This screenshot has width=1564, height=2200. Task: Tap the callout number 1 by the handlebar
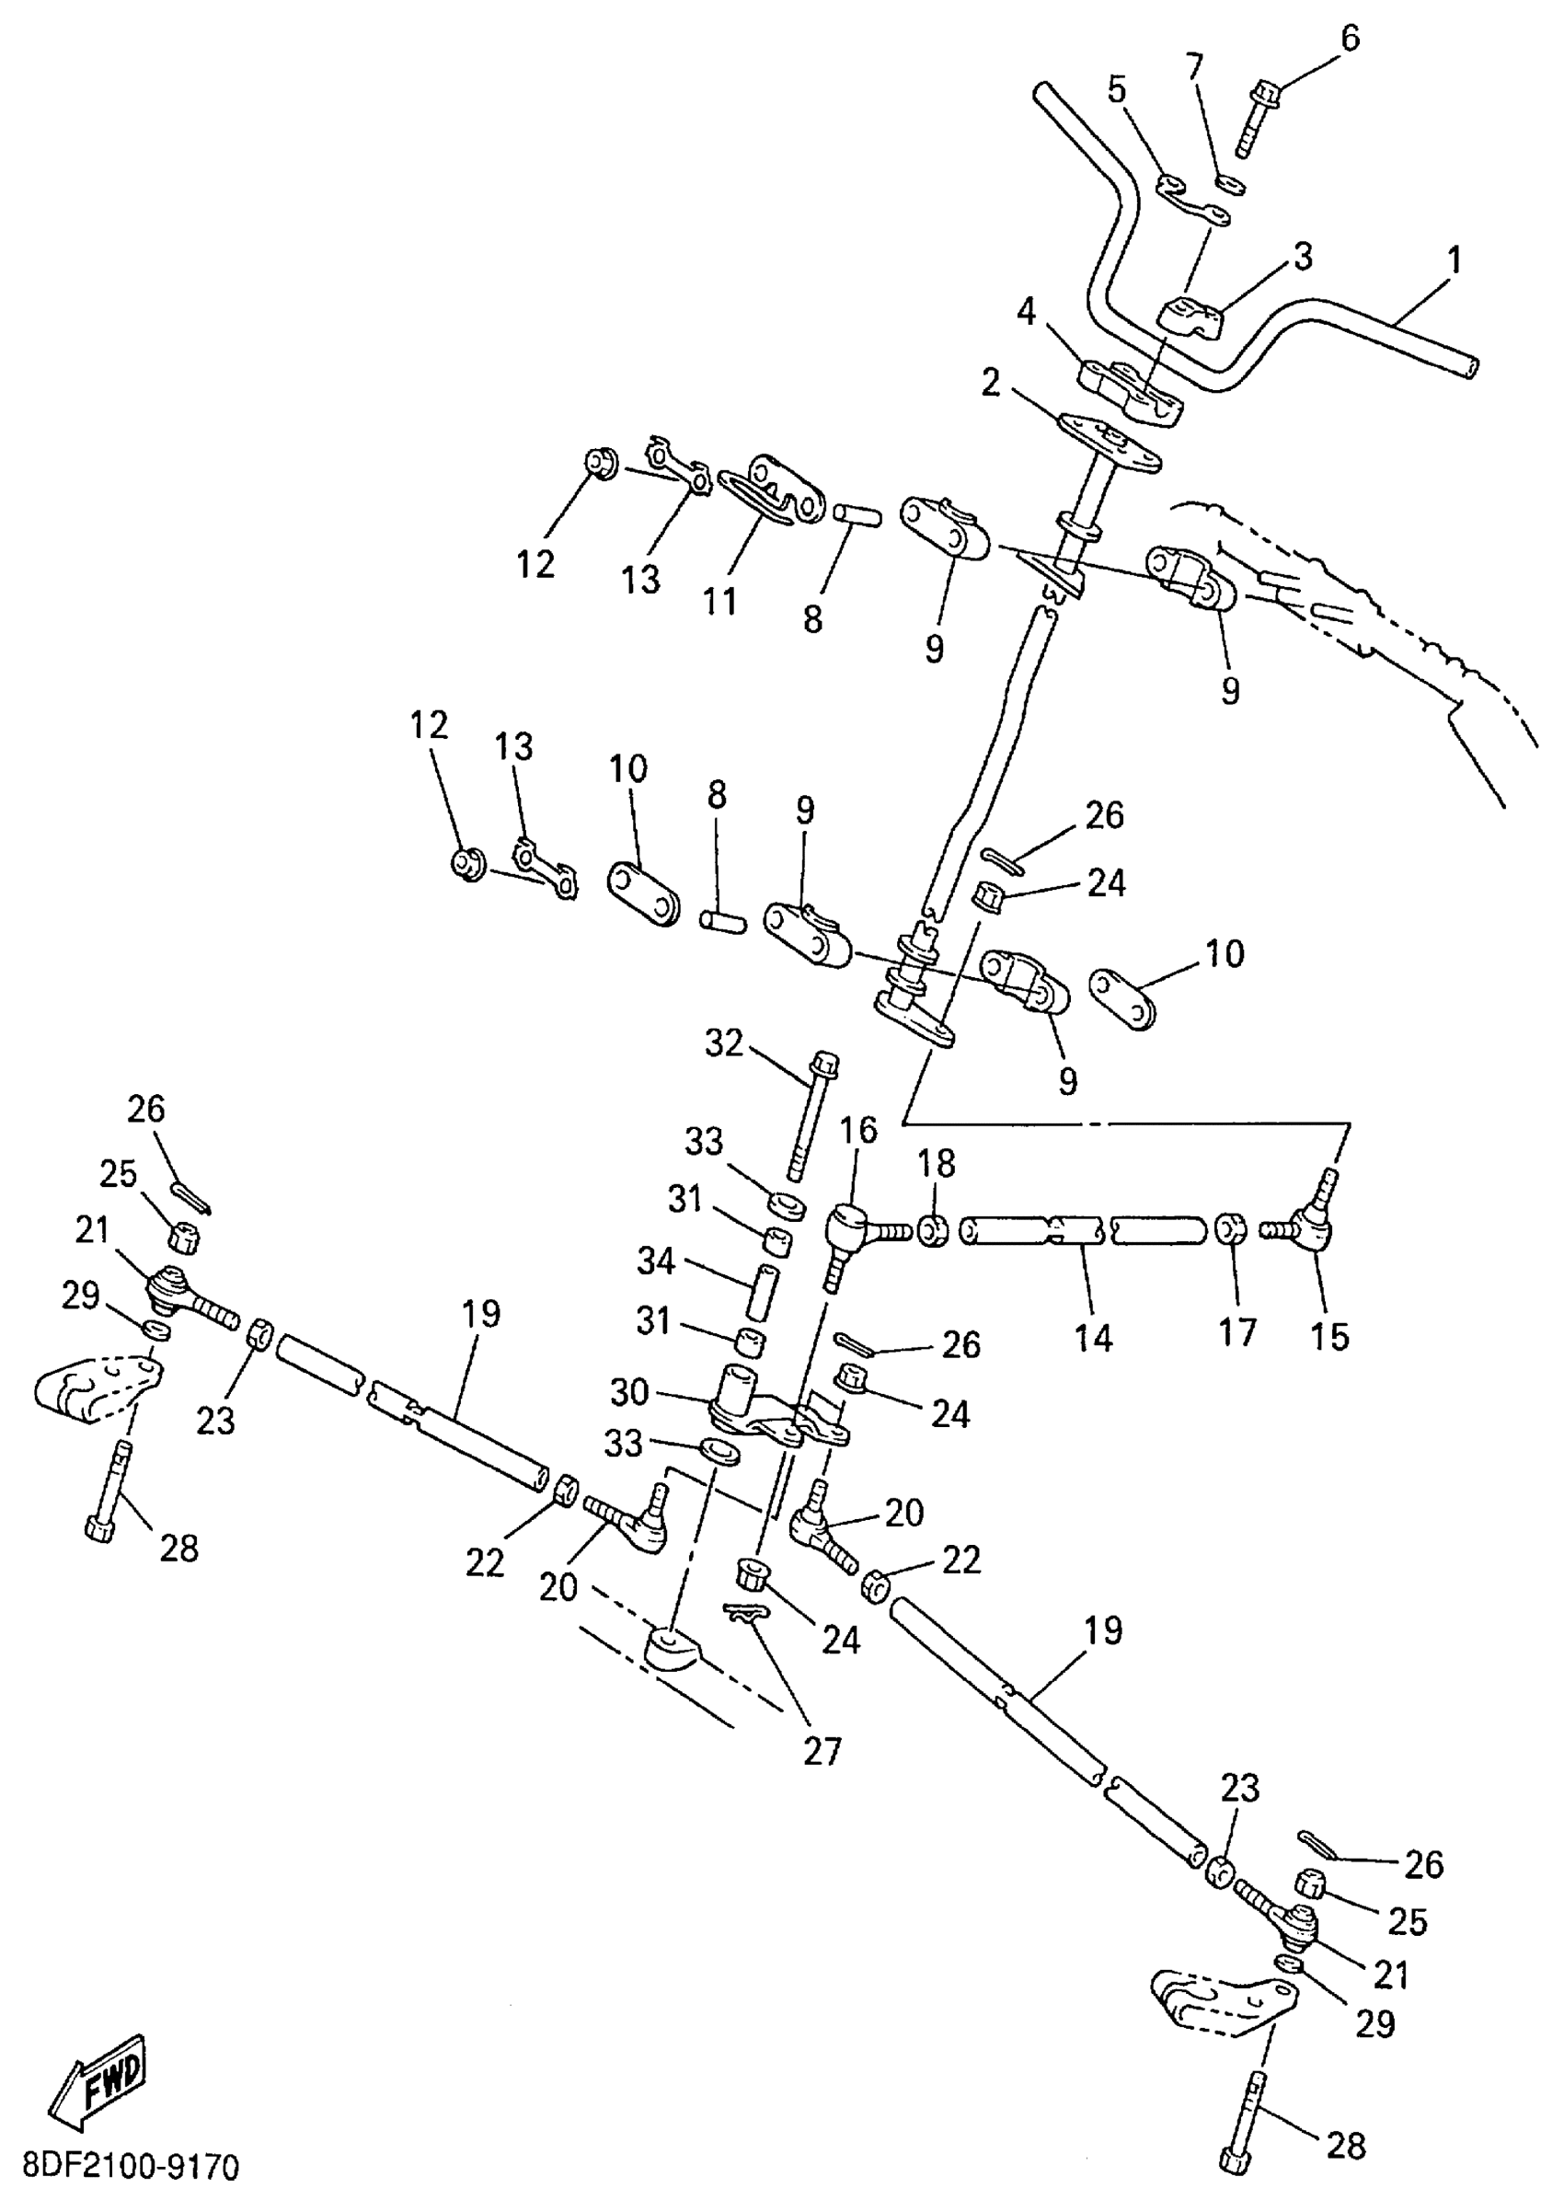click(1455, 260)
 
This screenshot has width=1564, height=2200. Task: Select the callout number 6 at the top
click(1351, 39)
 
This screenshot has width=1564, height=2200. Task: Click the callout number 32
click(724, 1043)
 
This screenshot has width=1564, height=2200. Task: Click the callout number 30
click(630, 1392)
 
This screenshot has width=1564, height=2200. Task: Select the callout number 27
click(823, 1751)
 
